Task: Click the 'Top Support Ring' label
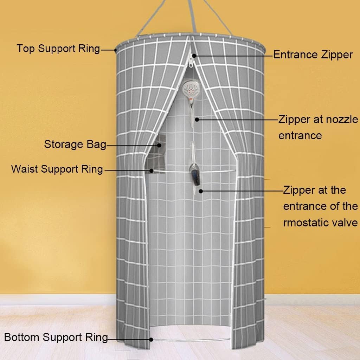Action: point(58,49)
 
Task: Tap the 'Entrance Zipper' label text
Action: point(313,55)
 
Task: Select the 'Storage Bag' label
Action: point(75,144)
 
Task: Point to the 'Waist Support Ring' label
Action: point(57,169)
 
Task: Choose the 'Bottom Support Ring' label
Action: point(56,337)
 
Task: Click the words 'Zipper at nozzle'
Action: point(318,120)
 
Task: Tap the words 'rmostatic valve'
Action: point(320,223)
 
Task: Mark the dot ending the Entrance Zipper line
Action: point(194,56)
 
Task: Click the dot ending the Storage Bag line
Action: point(159,145)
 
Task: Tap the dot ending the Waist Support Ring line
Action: point(151,171)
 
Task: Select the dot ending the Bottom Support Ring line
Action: point(151,340)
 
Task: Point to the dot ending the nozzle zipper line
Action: point(197,120)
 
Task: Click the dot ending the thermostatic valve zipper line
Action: point(201,191)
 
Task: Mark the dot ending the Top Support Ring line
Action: point(115,50)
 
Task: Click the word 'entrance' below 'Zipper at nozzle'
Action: point(300,136)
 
